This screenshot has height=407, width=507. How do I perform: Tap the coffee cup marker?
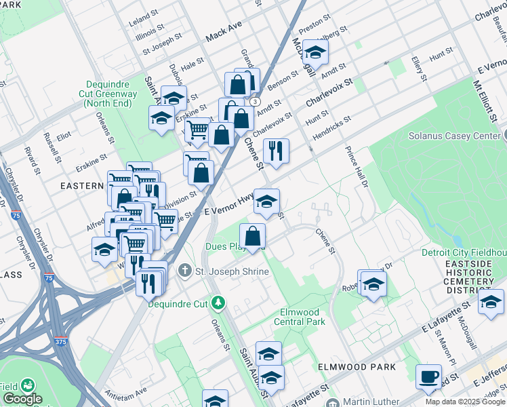point(428,377)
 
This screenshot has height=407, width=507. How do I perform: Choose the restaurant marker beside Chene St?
point(276,151)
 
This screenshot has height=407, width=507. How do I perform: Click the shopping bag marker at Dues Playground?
point(252,237)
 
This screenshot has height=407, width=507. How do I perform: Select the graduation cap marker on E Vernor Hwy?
point(267,201)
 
